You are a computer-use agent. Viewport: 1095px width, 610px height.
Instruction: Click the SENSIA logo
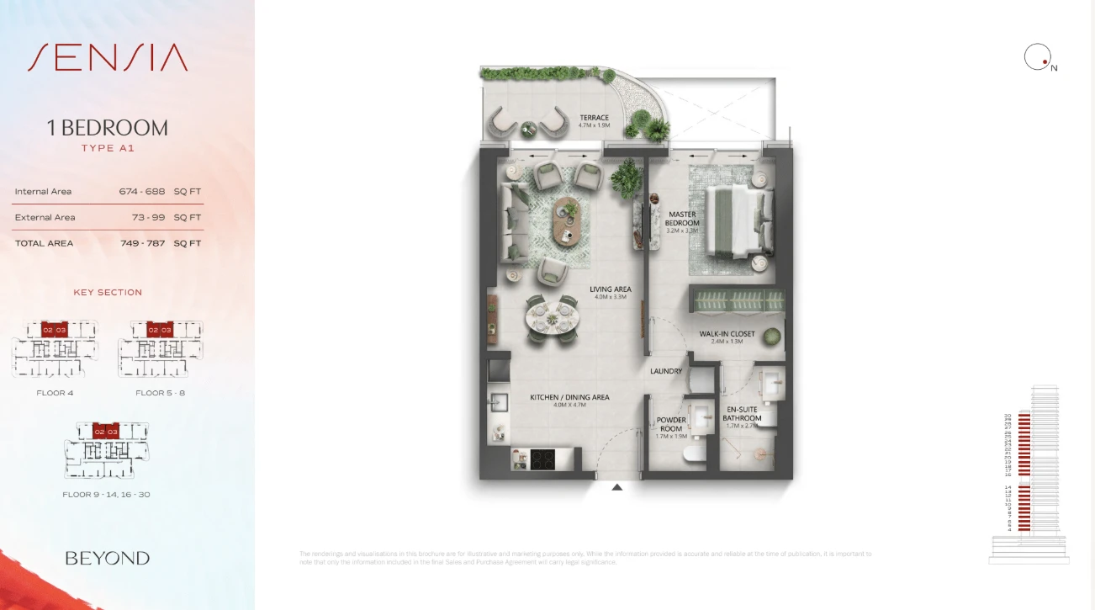[x=108, y=57]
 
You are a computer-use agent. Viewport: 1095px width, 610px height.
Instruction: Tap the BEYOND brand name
[x=108, y=558]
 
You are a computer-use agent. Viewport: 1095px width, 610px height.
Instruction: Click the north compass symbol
[x=1037, y=57]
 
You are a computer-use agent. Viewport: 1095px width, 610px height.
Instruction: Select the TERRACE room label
[x=594, y=118]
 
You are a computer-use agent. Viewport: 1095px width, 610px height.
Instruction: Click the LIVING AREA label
[x=611, y=289]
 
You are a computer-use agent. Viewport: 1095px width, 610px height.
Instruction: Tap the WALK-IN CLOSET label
[x=727, y=334]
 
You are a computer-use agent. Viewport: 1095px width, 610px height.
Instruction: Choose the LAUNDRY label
[x=666, y=371]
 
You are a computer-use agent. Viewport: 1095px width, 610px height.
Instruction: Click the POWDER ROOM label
[x=671, y=424]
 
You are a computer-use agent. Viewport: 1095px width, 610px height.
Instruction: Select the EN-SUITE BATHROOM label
[x=742, y=414]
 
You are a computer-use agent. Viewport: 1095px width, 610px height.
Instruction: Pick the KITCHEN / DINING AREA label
[x=569, y=397]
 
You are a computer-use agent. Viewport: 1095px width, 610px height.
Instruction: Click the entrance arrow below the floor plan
[x=617, y=487]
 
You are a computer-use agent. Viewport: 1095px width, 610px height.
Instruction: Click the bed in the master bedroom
[x=737, y=221]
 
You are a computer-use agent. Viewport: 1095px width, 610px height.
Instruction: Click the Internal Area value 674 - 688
[x=142, y=192]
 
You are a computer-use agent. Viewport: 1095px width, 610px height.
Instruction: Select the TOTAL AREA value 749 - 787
[x=142, y=243]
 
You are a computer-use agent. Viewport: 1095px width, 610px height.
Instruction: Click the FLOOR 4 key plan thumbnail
[x=55, y=348]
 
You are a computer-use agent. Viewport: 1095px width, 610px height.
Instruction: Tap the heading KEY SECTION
[x=108, y=293]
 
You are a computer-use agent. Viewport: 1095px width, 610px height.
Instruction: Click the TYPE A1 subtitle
[x=108, y=148]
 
